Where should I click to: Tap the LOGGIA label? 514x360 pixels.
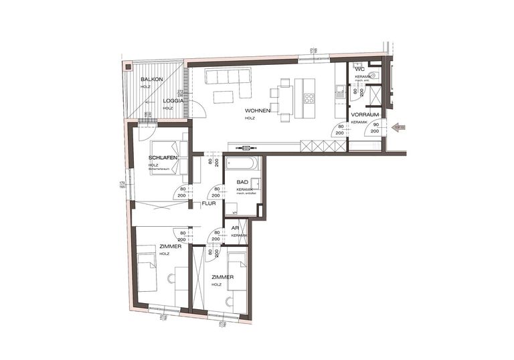click(x=173, y=100)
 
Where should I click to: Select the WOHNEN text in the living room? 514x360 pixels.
click(x=257, y=111)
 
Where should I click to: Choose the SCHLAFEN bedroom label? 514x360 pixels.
click(x=163, y=157)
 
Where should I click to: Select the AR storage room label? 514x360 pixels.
click(x=236, y=228)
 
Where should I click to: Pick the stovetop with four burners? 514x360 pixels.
click(x=309, y=97)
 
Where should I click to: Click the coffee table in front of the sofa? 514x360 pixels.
click(x=224, y=97)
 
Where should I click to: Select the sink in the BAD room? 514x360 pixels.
click(x=255, y=182)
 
